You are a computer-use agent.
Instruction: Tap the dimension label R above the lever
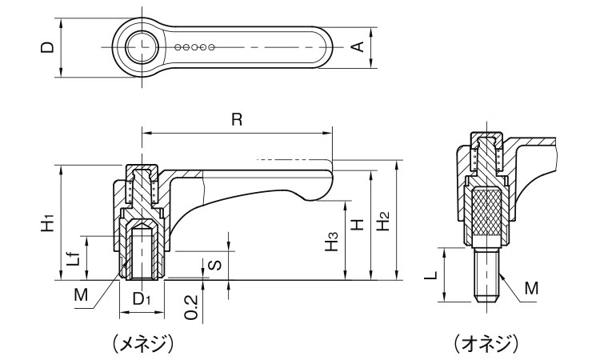pyautogui.click(x=237, y=120)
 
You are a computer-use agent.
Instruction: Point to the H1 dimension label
pyautogui.click(x=49, y=222)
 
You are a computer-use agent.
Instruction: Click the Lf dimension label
pyautogui.click(x=72, y=258)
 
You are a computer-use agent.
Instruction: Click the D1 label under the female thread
pyautogui.click(x=142, y=300)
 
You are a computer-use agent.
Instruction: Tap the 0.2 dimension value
pyautogui.click(x=190, y=306)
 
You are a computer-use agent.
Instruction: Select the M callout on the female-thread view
pyautogui.click(x=80, y=295)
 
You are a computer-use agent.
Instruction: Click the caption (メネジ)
pyautogui.click(x=142, y=343)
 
